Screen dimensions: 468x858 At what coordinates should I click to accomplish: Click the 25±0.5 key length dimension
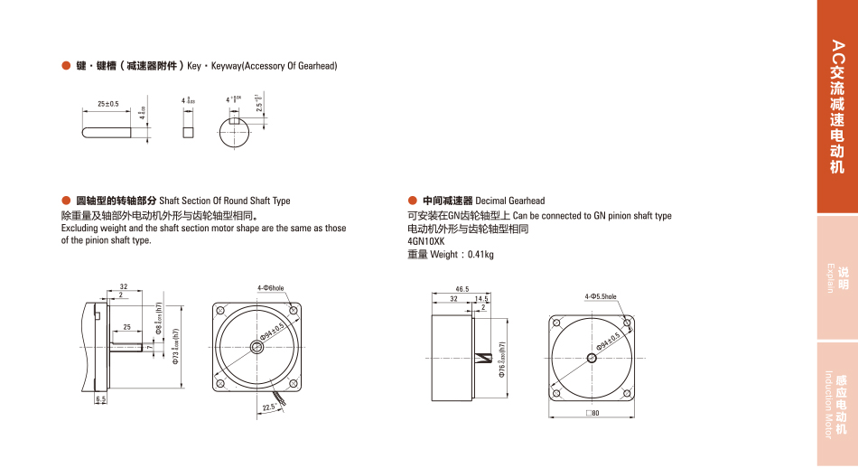click(x=107, y=104)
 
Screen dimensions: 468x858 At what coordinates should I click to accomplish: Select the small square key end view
click(x=188, y=131)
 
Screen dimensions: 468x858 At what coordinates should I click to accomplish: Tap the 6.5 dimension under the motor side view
click(x=100, y=398)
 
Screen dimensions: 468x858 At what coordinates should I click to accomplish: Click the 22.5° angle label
click(x=269, y=407)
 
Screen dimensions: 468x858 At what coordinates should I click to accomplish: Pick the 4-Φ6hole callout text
click(x=271, y=288)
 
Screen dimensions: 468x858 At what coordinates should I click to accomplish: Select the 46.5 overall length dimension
click(x=462, y=289)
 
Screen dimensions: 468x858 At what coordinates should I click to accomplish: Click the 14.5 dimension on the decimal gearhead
click(x=480, y=298)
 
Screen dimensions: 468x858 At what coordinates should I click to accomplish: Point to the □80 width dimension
click(x=592, y=413)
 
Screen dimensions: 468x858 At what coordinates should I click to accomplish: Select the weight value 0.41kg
click(x=480, y=255)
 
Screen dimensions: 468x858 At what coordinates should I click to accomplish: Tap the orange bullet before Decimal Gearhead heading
click(x=413, y=200)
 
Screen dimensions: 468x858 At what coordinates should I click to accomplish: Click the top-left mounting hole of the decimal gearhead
click(x=556, y=323)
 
